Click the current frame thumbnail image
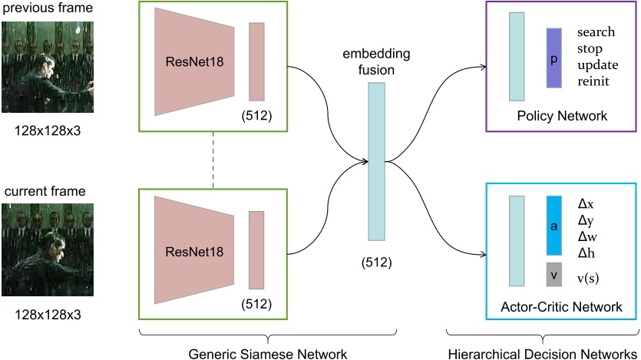(x=48, y=252)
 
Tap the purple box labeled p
(x=555, y=58)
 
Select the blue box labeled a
(x=555, y=225)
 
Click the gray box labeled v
(x=555, y=275)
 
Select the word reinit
(x=595, y=81)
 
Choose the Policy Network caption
(x=562, y=116)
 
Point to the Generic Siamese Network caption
(x=267, y=352)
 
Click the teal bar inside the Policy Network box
(x=516, y=57)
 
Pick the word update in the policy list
(x=596, y=65)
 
